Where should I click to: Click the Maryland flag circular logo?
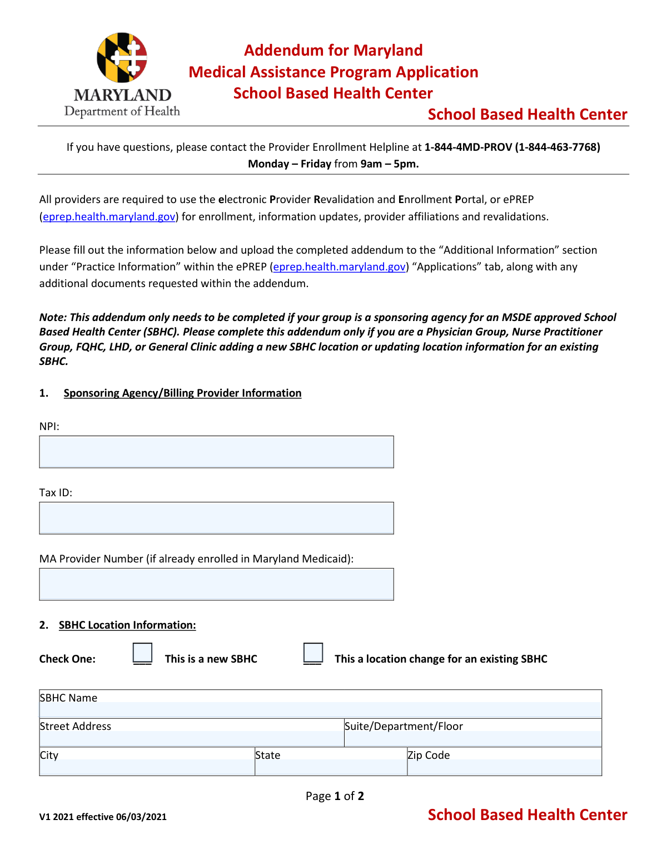click(122, 57)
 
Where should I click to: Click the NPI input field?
click(216, 452)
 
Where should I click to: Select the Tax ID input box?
click(216, 518)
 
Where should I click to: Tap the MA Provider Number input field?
click(216, 584)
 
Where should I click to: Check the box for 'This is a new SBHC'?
click(142, 653)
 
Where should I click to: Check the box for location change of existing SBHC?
click(313, 653)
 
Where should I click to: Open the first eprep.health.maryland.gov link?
click(109, 216)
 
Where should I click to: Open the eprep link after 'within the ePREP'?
click(339, 266)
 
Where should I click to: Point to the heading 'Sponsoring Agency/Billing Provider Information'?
click(182, 393)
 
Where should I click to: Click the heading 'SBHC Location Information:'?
click(127, 625)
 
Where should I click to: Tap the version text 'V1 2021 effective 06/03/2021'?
click(103, 817)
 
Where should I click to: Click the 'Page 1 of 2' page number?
click(335, 796)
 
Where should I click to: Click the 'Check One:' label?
click(67, 659)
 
